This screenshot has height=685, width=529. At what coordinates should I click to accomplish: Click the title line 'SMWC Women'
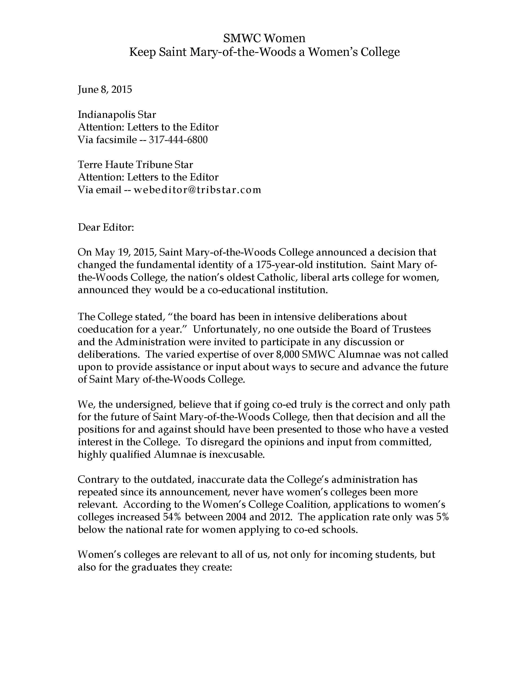coord(264,38)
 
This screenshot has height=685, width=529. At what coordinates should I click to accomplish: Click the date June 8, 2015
coord(105,90)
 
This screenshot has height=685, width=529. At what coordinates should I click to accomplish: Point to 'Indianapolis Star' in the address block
coord(117,115)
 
